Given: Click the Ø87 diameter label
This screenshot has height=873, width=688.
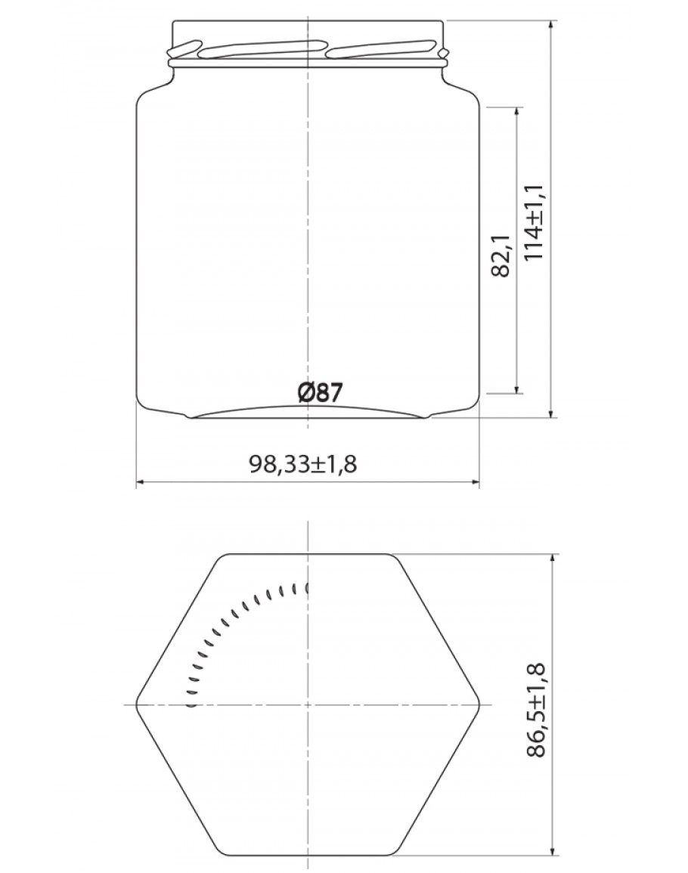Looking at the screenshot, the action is click(x=320, y=392).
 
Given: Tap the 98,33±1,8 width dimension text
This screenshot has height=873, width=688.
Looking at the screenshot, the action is click(x=302, y=463).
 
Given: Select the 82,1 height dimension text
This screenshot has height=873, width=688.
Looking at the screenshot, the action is click(x=501, y=255).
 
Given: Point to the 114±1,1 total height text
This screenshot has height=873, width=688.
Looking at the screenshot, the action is click(x=535, y=221).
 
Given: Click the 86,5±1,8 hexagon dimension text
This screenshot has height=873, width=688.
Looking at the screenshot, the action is click(x=536, y=710).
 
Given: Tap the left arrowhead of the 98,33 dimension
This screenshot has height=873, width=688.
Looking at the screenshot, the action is click(x=141, y=481).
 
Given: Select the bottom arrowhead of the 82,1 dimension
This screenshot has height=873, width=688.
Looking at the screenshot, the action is click(x=518, y=388).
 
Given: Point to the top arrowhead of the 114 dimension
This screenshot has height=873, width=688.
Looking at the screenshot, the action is click(x=551, y=26).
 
